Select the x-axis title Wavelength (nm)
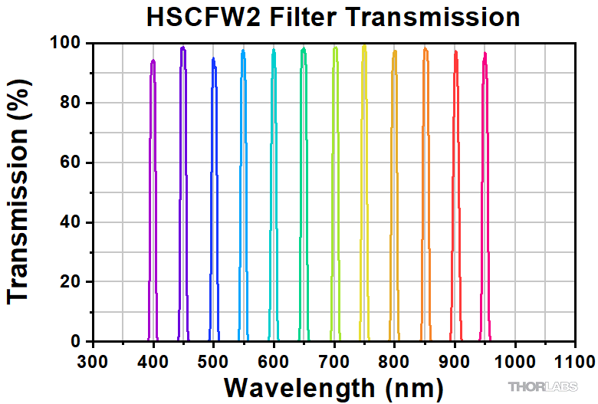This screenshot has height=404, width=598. (x=333, y=385)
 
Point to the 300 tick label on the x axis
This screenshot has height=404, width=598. (x=93, y=360)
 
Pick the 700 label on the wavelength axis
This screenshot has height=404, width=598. (x=333, y=360)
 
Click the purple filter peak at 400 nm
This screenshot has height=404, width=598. (x=153, y=61)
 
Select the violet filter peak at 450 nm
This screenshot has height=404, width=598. (x=182, y=48)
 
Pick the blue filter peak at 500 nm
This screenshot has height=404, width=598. (x=213, y=60)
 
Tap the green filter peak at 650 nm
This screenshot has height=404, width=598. (x=304, y=50)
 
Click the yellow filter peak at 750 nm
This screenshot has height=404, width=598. (x=363, y=47)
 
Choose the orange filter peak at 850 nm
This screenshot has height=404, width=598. (x=425, y=51)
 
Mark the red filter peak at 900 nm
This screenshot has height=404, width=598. (x=455, y=53)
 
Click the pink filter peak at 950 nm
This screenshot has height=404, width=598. (x=485, y=54)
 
